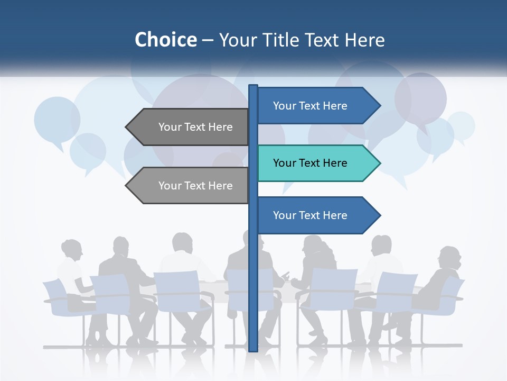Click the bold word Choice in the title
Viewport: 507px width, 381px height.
pyautogui.click(x=165, y=40)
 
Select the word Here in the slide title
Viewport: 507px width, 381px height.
pyautogui.click(x=365, y=40)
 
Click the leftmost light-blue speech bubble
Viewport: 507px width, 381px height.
pyautogui.click(x=57, y=120)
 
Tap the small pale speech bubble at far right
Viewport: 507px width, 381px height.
pyautogui.click(x=461, y=126)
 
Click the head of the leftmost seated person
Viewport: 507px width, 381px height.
pyautogui.click(x=71, y=249)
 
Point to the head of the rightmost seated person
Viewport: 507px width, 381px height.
pyautogui.click(x=449, y=257)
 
